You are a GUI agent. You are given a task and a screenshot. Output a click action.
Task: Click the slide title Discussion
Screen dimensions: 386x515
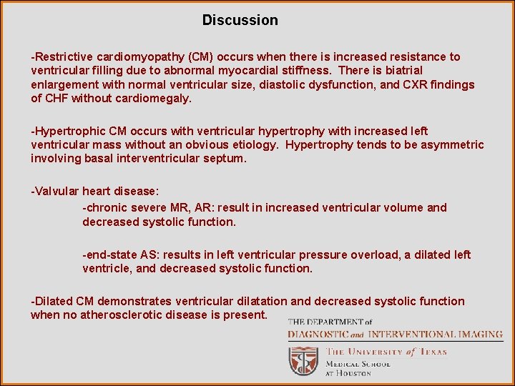click(240, 20)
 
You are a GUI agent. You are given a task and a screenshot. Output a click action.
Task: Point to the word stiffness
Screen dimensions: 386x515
click(308, 70)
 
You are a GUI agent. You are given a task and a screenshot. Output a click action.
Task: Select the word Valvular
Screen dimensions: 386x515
click(57, 191)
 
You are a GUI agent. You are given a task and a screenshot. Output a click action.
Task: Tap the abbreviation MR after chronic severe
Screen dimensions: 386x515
click(175, 207)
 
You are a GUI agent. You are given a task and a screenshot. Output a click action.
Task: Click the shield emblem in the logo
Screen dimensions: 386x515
click(303, 360)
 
